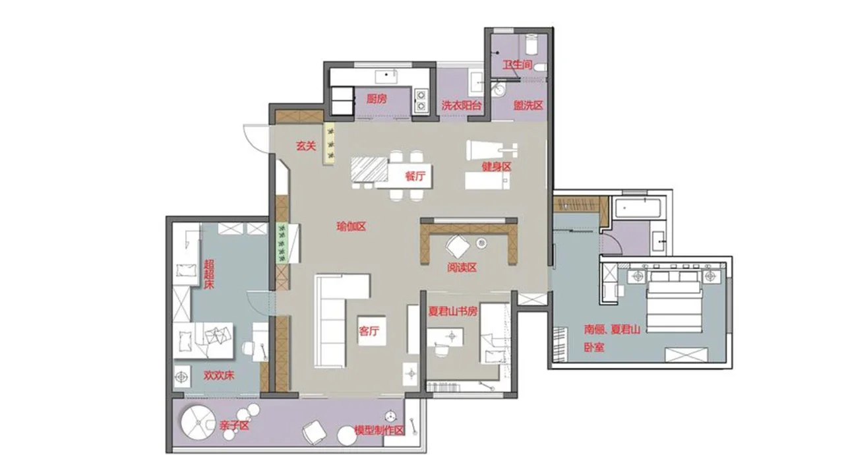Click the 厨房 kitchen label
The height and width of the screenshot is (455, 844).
pos(377,99)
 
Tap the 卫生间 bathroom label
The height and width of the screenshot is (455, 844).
pos(518,65)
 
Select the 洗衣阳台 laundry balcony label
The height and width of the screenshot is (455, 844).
pos(462,106)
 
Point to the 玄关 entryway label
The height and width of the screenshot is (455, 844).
pos(305,146)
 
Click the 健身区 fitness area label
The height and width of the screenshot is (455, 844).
pos(497,166)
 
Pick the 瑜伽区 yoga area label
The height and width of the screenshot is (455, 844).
pos(351,227)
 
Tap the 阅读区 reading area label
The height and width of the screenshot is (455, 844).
pos(462,268)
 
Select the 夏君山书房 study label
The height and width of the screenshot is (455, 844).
pos(453,311)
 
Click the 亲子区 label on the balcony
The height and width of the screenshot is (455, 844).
pos(234,425)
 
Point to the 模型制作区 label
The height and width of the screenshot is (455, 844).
pos(379,431)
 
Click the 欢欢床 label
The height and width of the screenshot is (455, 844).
pos(219,375)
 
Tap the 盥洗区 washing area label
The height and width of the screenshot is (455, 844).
pos(528,106)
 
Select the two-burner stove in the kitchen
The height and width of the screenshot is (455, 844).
pos(421,101)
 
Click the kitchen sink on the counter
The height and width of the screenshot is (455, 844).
pos(386,76)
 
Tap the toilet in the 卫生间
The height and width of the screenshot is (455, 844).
pos(540,68)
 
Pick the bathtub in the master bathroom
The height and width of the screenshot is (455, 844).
pos(638,208)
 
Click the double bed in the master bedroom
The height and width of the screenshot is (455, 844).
pos(675,301)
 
